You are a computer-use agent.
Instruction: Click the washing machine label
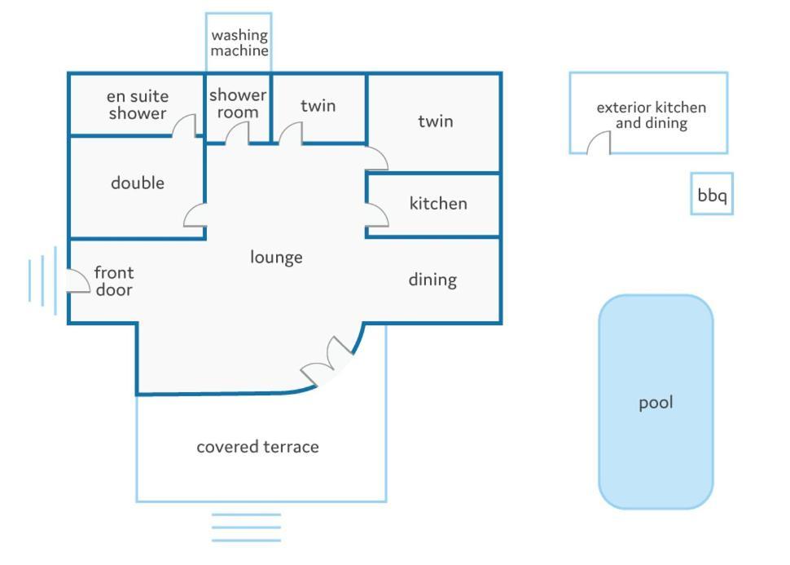(239, 43)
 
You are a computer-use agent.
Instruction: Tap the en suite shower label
(137, 105)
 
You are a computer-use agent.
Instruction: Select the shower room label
(238, 104)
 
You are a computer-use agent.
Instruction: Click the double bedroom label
(138, 183)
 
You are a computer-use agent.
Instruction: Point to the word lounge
(276, 258)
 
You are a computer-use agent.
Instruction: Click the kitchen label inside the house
(438, 203)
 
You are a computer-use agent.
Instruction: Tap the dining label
(432, 280)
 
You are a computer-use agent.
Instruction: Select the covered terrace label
(257, 447)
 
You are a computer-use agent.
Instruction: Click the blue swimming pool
(656, 402)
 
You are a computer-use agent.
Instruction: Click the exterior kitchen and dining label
(651, 115)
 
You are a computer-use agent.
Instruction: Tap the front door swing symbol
(77, 280)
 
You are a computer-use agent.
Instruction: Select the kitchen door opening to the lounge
(377, 214)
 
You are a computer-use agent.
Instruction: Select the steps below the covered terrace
(246, 527)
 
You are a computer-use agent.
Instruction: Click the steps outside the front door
(42, 280)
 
